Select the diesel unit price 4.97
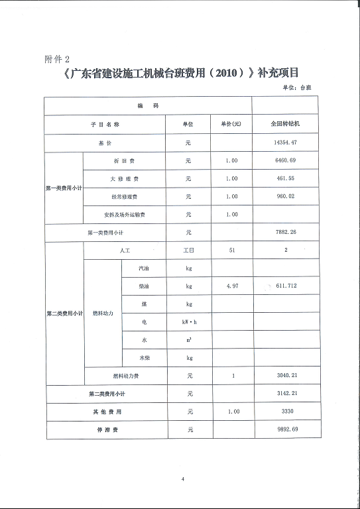coord(231,286)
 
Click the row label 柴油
coord(144,286)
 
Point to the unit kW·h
coord(190,322)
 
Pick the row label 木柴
coord(144,358)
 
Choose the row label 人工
coord(125,251)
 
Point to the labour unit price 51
coord(231,251)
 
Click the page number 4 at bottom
coord(182,479)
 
